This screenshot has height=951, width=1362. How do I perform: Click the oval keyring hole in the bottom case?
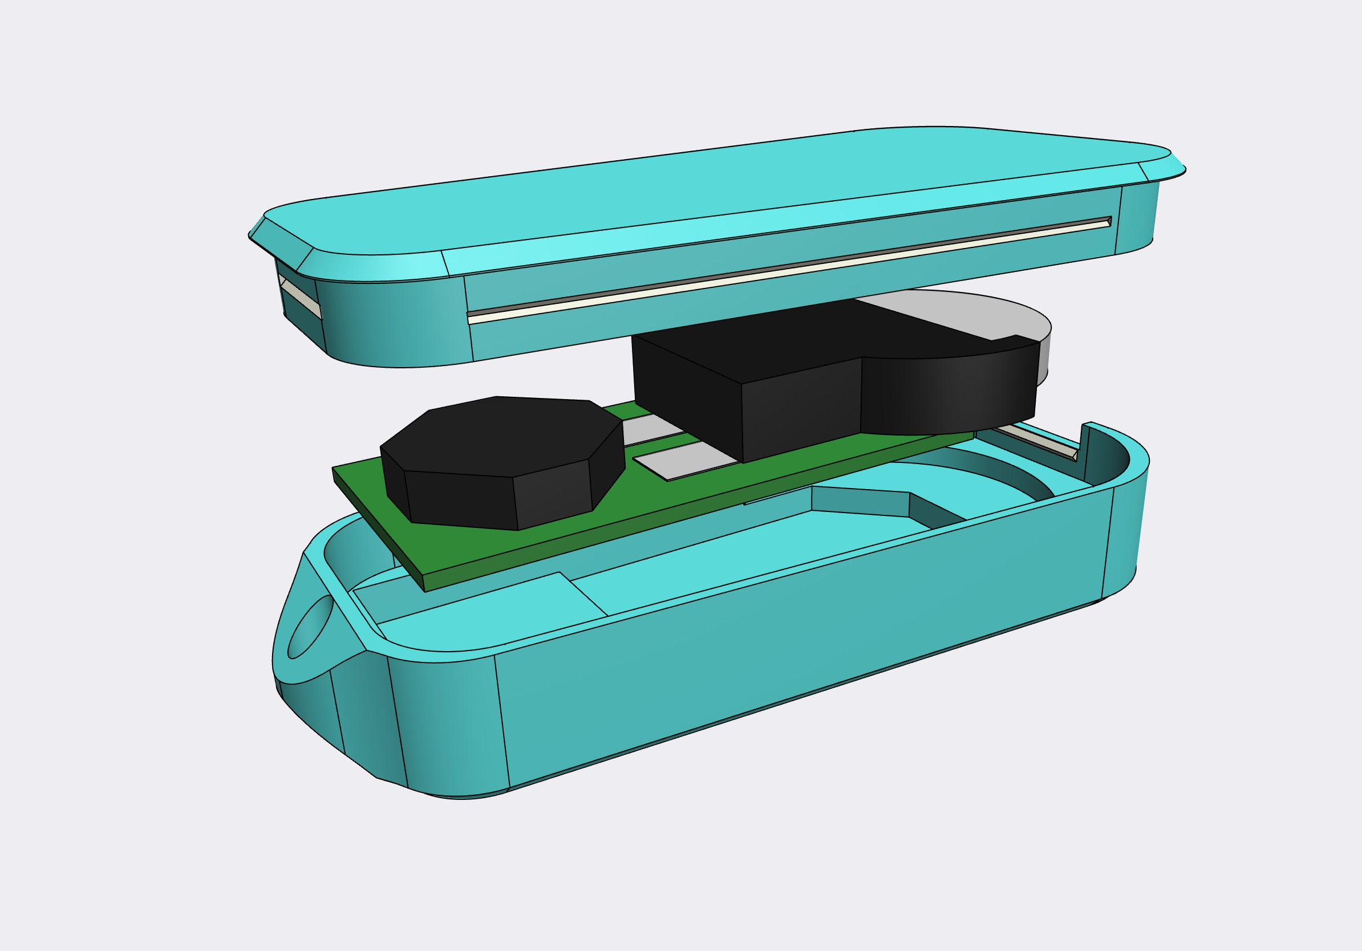(x=310, y=627)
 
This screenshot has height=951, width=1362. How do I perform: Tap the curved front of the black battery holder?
(x=949, y=395)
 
